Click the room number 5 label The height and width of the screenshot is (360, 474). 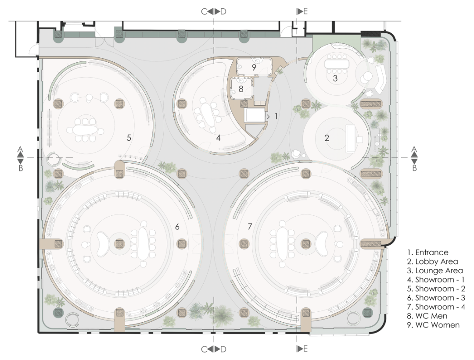point(129,138)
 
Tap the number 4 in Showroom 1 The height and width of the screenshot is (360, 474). point(218,138)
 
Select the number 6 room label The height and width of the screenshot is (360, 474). point(177,226)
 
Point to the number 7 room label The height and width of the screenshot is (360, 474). point(250,226)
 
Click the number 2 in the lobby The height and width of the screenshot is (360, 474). point(327,138)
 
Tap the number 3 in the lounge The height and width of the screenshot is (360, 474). point(335,78)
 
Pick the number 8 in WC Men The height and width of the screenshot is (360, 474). point(241,89)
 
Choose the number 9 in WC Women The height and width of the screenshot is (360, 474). point(254,67)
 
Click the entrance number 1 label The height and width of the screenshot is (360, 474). point(276,116)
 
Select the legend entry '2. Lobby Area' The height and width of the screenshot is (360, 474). point(433,261)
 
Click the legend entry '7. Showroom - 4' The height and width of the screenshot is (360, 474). point(436,307)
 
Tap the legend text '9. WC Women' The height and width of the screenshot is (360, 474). point(433,325)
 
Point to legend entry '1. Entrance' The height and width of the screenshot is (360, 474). point(427,253)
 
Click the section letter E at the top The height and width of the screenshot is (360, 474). point(305,11)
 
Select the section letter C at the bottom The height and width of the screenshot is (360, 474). point(205,349)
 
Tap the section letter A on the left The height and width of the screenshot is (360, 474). point(20,149)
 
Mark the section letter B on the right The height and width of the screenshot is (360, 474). point(414,168)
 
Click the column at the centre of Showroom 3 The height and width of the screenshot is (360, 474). point(119,244)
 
